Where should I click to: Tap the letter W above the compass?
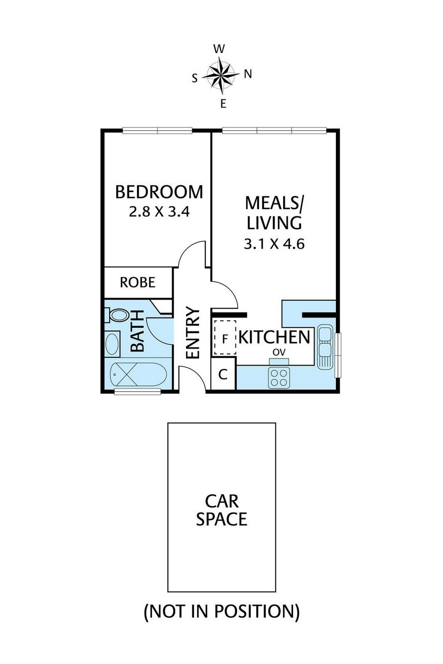click(219, 49)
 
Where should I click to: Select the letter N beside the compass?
click(248, 75)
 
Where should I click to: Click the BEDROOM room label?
click(159, 192)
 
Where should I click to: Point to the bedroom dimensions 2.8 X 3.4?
click(159, 212)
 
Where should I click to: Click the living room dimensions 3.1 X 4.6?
click(274, 244)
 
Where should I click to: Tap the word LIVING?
click(274, 223)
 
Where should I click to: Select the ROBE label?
click(138, 282)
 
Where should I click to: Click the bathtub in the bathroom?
click(138, 375)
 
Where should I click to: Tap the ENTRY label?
click(193, 333)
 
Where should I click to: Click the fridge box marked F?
click(224, 338)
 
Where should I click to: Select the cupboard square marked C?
click(223, 375)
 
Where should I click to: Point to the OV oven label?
click(279, 352)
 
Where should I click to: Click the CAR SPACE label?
click(221, 510)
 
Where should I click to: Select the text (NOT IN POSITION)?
click(221, 611)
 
